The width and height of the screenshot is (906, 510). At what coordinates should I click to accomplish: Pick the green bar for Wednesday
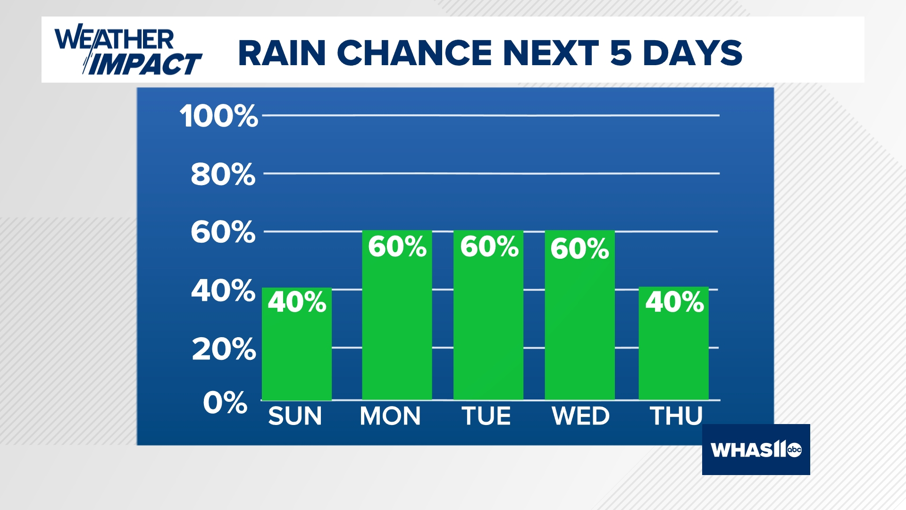[x=579, y=331]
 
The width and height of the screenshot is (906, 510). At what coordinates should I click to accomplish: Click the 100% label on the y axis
[x=219, y=116]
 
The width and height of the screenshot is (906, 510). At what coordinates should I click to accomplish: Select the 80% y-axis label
[x=223, y=174]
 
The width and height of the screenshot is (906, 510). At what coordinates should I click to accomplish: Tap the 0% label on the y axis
[x=225, y=403]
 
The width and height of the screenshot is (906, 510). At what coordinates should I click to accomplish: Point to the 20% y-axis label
[x=224, y=349]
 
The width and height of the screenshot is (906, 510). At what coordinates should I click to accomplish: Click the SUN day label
[x=295, y=416]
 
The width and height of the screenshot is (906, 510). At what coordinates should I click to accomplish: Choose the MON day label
[x=390, y=416]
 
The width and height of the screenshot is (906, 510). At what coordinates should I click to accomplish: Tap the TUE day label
[x=486, y=416]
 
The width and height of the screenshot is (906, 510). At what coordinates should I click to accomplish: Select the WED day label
[x=580, y=416]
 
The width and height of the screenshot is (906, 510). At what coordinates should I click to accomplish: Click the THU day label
[x=676, y=416]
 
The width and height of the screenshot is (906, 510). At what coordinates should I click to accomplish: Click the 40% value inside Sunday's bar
[x=297, y=302]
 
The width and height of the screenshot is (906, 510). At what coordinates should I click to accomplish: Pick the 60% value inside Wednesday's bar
[x=579, y=248]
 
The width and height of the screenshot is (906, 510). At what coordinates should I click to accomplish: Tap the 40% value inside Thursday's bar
[x=674, y=302]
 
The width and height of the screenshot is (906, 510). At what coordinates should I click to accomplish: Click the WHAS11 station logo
[x=755, y=450]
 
